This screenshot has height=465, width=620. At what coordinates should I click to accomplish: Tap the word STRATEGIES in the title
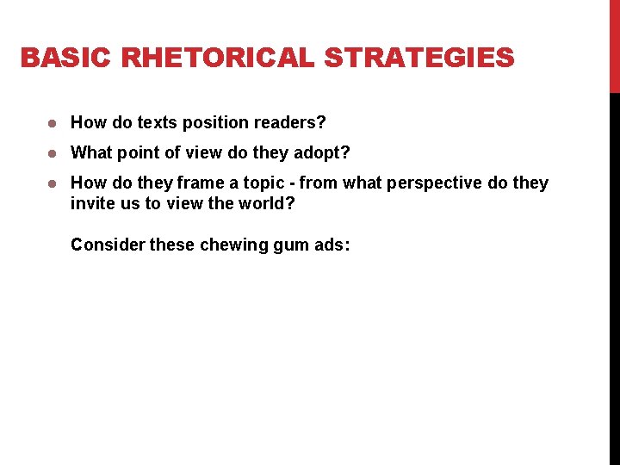tap(419, 59)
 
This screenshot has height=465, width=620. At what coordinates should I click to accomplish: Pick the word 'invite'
tap(92, 204)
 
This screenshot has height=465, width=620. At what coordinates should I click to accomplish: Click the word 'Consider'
tap(108, 245)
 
